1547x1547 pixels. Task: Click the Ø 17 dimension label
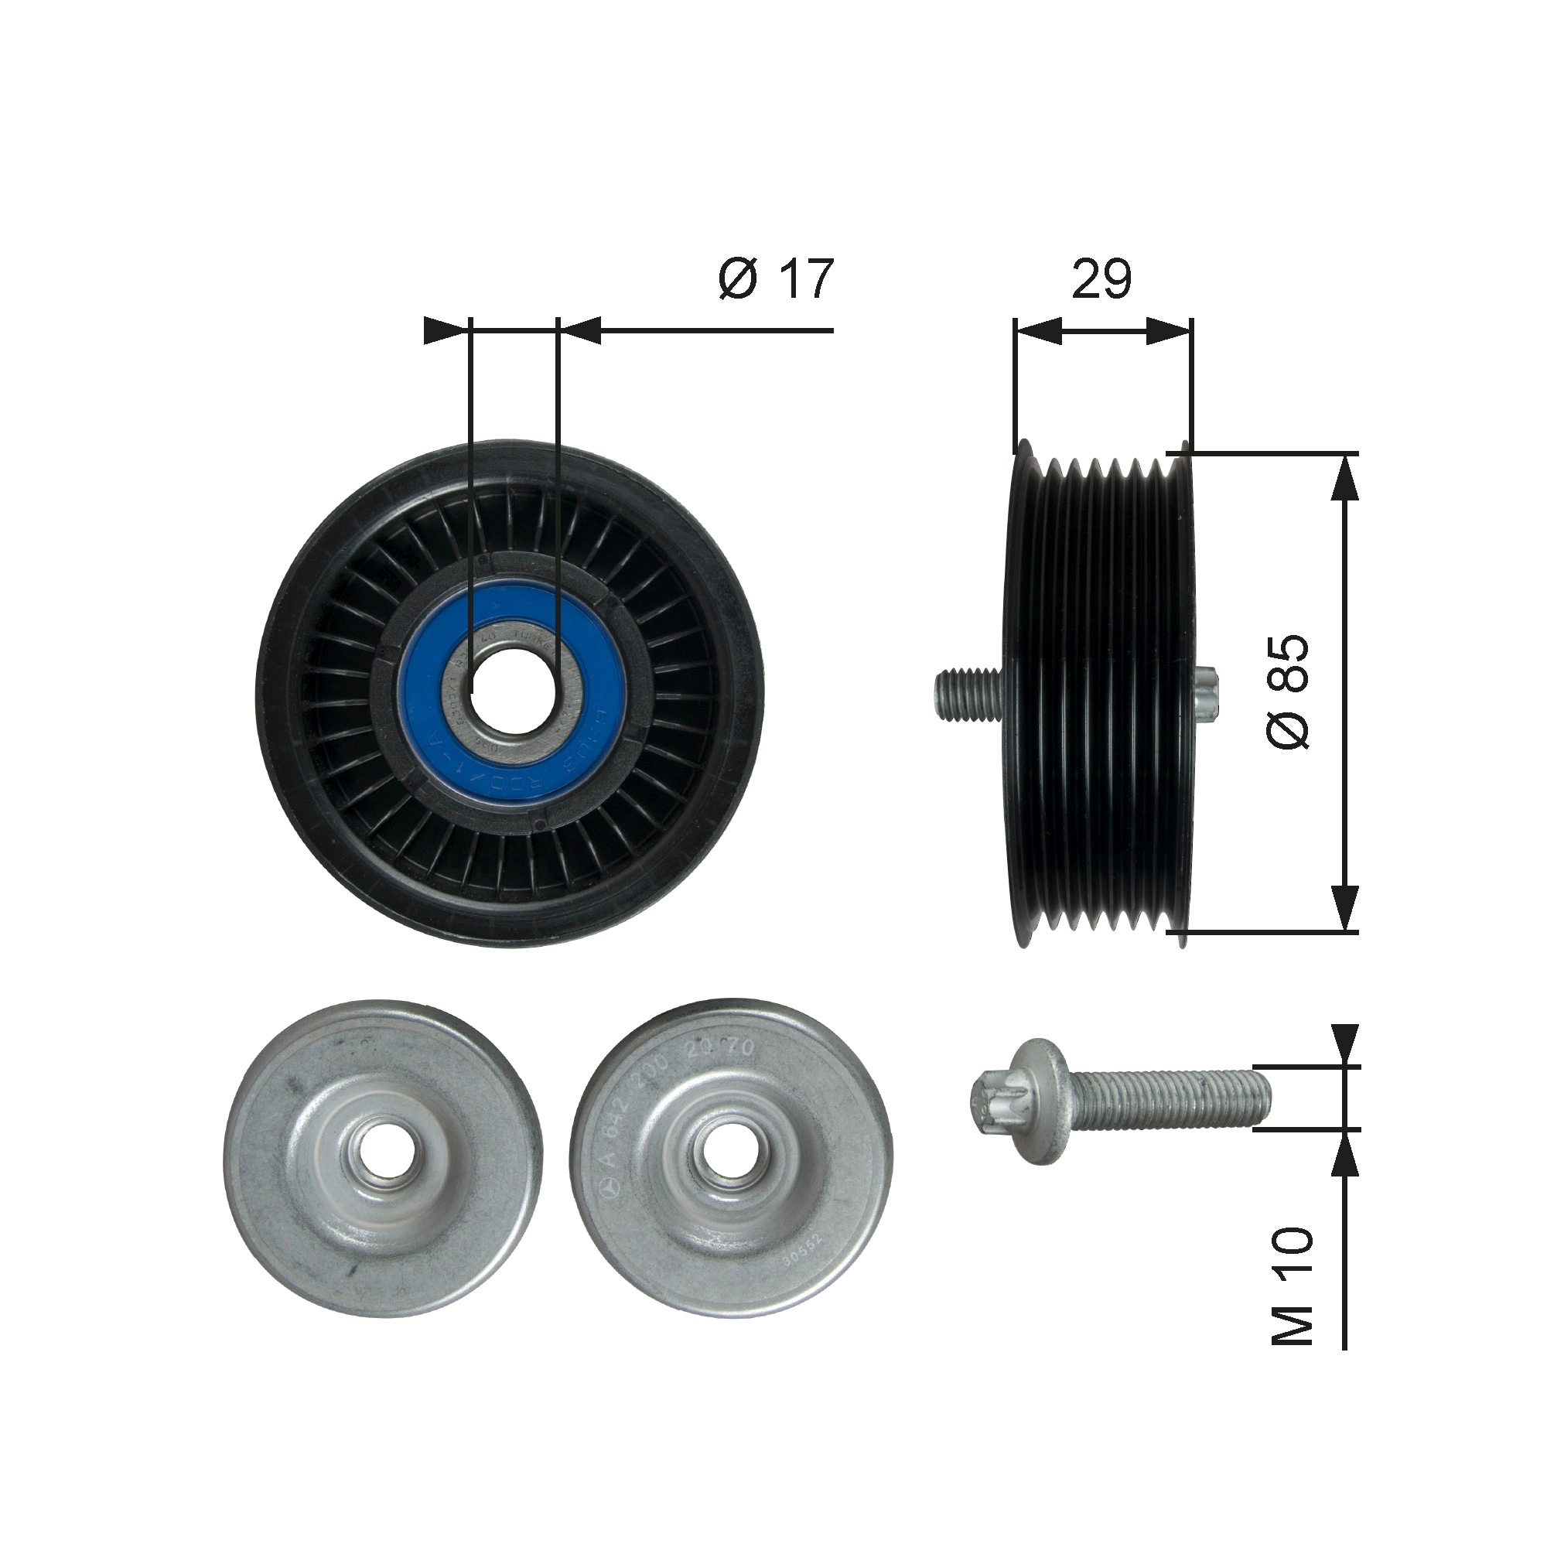point(777,278)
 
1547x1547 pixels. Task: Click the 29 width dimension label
point(1101,278)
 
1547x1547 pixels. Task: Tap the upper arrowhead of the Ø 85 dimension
point(1347,478)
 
